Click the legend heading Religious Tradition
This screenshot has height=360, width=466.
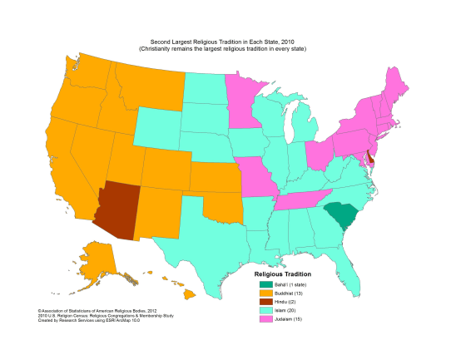click(282, 274)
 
